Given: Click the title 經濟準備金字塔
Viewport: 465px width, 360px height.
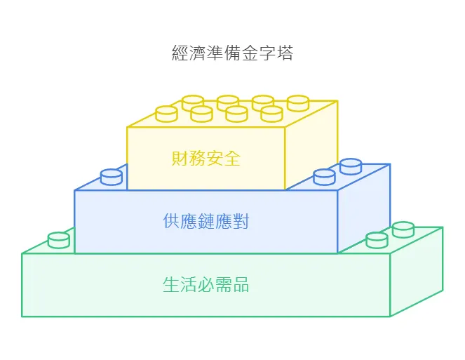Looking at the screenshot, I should [232, 53].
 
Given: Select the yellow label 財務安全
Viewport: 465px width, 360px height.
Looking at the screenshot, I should [206, 158].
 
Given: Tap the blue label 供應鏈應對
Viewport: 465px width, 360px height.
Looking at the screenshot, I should [206, 222].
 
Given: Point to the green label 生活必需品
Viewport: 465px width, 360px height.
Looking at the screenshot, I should [206, 285].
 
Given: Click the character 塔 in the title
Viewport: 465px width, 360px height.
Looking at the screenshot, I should [284, 53].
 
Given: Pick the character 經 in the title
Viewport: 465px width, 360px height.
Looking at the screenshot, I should [180, 53].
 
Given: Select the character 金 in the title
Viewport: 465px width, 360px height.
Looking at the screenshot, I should [250, 53].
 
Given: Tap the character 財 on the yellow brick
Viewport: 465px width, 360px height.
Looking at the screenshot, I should [180, 158].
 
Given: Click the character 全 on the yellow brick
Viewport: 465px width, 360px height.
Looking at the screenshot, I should [232, 158].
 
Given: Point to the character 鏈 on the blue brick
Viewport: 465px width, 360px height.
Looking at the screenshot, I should [206, 222].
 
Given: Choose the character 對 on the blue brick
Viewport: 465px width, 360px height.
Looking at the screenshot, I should [241, 222].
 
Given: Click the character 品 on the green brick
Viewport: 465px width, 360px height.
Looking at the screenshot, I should [241, 285].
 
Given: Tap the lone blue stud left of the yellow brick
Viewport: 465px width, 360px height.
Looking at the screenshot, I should [112, 176].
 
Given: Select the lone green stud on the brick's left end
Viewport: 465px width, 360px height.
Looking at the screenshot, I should [59, 240].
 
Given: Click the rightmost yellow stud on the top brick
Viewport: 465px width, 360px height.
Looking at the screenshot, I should [298, 102].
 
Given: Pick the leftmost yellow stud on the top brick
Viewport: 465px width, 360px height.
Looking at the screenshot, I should [166, 113].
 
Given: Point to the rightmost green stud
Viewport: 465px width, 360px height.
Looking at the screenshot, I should [403, 229].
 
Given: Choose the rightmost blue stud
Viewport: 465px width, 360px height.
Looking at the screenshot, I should [351, 166].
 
